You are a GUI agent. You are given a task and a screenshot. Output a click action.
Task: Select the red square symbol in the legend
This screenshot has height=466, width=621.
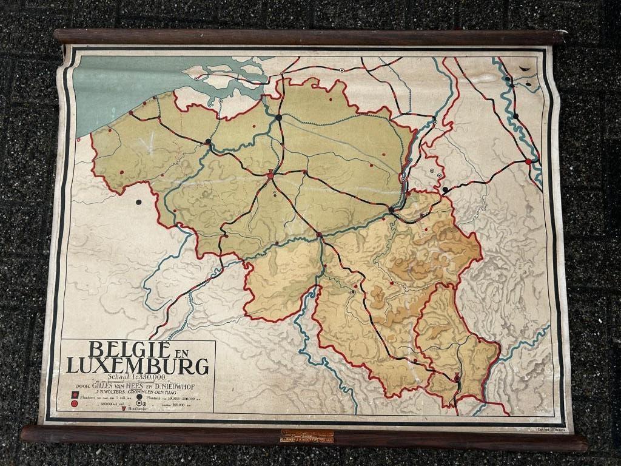74,396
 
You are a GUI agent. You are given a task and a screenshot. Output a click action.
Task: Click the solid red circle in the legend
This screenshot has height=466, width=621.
74,404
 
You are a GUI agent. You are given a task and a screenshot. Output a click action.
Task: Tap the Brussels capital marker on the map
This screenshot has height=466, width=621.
270,175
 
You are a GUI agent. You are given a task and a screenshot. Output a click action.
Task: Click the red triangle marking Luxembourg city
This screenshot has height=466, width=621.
457,377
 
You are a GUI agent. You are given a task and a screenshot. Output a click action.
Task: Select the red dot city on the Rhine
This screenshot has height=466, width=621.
528,161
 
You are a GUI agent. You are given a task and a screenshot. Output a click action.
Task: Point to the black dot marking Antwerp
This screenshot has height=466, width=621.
278,118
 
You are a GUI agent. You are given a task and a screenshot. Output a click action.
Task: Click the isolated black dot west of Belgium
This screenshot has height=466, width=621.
139,202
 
